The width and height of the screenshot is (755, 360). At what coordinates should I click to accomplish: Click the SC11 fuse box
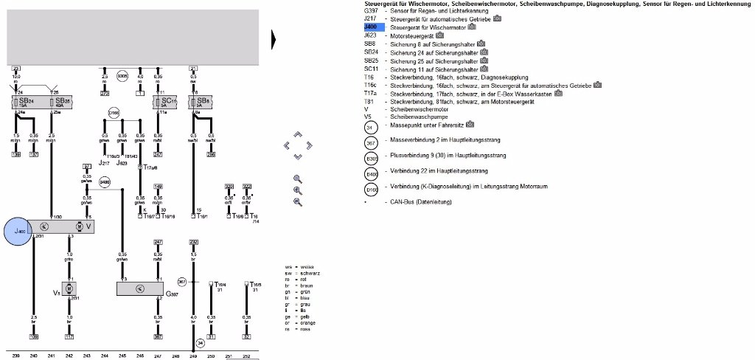[164, 101]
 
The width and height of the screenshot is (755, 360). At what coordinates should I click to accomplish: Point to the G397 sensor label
[171, 294]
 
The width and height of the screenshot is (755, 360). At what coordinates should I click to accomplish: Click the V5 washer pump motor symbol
[68, 286]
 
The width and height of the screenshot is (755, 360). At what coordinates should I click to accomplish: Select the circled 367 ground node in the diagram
[182, 282]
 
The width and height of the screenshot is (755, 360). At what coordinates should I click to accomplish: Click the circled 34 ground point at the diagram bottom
[199, 343]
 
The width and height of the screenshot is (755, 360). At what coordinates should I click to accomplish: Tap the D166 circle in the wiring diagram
[114, 113]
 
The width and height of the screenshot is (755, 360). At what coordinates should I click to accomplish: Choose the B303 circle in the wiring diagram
[122, 75]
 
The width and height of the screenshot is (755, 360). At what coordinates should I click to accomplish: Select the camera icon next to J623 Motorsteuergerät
[440, 35]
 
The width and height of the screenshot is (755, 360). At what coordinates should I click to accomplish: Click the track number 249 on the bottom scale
[193, 356]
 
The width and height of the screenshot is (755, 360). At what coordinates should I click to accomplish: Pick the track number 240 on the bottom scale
[33, 356]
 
